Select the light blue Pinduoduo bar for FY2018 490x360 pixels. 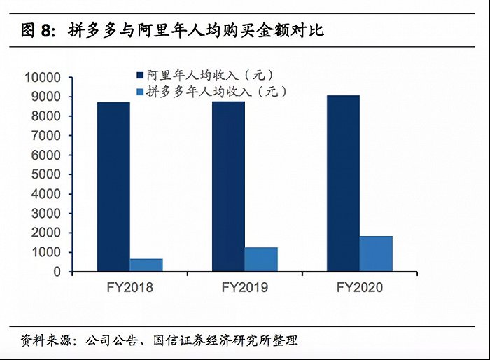tap(146, 265)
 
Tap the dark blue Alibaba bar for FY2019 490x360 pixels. tap(228, 186)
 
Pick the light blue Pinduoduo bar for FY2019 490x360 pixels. tap(261, 259)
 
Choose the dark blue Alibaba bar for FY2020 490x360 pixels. tap(343, 184)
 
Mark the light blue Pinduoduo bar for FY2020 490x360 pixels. tap(376, 254)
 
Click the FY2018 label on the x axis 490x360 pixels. tap(129, 287)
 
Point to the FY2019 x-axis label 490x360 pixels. tap(245, 287)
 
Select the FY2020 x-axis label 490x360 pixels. tap(360, 287)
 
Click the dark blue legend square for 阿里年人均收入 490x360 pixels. tap(139, 75)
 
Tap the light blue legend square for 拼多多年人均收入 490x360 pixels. tap(139, 92)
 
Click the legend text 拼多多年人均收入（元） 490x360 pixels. tap(216, 92)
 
